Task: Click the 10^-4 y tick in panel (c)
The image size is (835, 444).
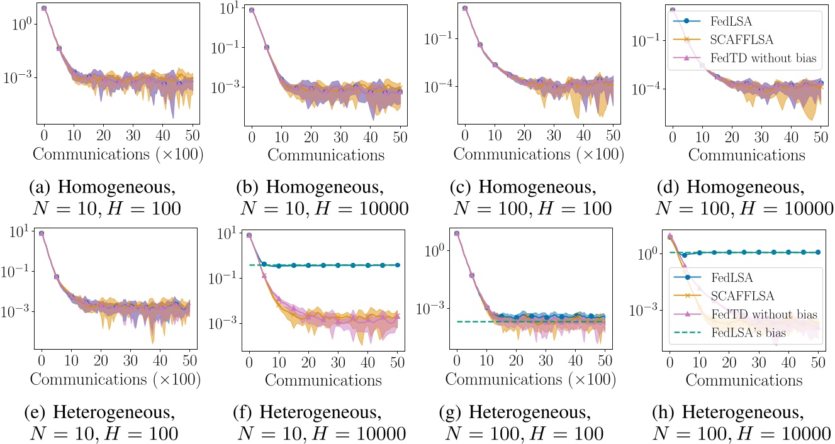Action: (439, 87)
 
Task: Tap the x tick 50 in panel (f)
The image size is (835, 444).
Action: (397, 363)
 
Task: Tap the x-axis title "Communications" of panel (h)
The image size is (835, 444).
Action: (744, 380)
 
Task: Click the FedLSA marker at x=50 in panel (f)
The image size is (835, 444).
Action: (397, 265)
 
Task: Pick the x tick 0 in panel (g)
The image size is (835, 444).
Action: (457, 363)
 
